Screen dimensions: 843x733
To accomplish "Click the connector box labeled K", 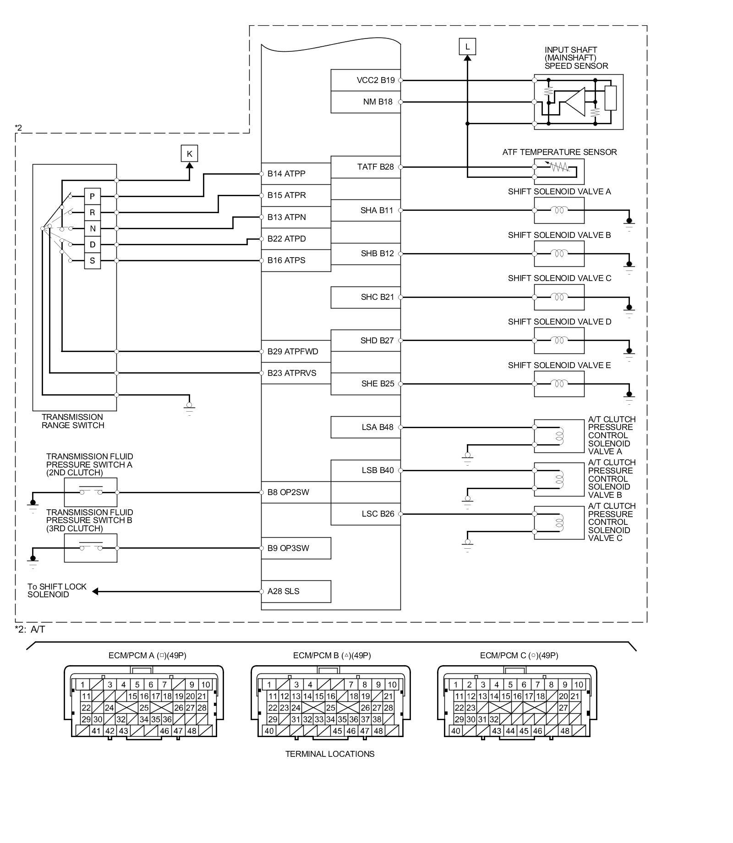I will (x=189, y=154).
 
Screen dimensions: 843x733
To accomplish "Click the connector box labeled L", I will (x=467, y=46).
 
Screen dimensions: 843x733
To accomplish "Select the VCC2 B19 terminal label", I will (x=375, y=80).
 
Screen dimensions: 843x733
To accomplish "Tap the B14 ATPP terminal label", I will (x=286, y=174).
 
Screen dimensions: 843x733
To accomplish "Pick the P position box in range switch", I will (x=93, y=196).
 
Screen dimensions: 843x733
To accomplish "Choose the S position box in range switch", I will (x=93, y=261).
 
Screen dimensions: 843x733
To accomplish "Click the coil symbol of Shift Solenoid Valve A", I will (x=559, y=210).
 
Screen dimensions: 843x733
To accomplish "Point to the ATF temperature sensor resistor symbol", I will (x=559, y=167).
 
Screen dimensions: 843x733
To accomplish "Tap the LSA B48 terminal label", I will (x=377, y=427).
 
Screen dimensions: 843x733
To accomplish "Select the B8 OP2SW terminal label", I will (x=288, y=492).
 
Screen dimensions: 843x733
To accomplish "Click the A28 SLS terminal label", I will (x=283, y=591).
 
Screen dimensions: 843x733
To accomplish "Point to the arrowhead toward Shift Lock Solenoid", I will (x=95, y=591).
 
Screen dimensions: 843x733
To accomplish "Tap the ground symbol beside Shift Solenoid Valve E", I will (x=629, y=397).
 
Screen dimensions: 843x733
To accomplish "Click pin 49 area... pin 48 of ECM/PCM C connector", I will (x=565, y=731).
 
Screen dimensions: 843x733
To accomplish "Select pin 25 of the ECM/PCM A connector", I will (x=144, y=708).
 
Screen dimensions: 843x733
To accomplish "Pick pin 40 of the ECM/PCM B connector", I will (x=269, y=731).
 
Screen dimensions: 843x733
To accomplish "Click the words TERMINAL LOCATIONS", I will (x=330, y=754).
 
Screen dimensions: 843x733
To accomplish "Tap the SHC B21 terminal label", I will (x=377, y=297).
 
